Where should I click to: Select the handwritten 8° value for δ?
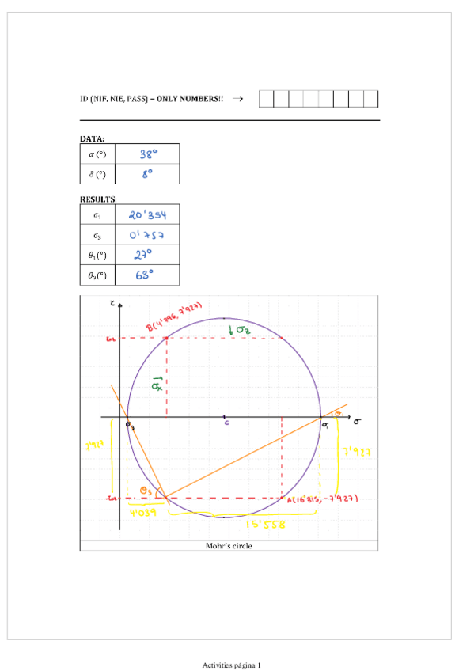148,174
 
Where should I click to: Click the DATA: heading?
93,138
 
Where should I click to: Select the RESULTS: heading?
98,199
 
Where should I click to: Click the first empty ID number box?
266,99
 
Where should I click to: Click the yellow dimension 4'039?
144,512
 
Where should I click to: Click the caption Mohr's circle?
228,545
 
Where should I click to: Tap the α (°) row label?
100,155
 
